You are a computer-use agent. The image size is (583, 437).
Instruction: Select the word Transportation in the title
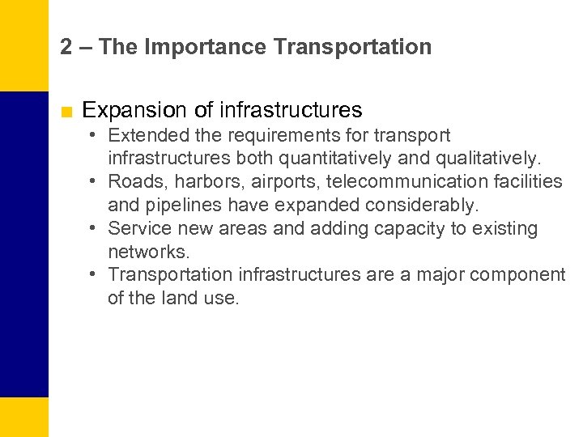(352, 47)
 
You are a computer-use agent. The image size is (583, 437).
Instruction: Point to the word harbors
(197, 181)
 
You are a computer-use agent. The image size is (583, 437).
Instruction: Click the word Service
(139, 228)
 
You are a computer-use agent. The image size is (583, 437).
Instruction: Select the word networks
(148, 252)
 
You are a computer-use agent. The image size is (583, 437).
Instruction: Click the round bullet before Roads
(95, 181)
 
